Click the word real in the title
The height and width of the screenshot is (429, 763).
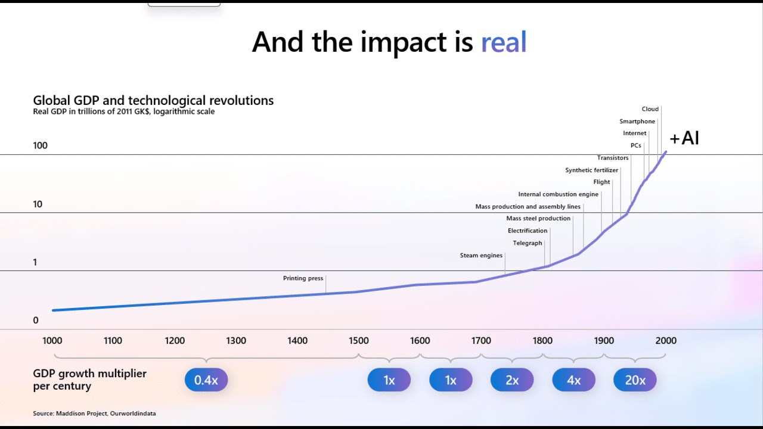(504, 42)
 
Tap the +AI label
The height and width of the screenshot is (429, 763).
(684, 138)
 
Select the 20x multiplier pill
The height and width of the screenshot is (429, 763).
(635, 380)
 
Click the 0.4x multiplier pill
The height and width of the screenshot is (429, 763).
(206, 380)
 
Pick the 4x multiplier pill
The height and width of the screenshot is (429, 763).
(573, 380)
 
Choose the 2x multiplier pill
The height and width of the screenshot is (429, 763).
(512, 380)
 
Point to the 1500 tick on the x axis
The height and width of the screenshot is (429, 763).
(358, 341)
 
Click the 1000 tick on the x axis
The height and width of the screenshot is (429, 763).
(52, 341)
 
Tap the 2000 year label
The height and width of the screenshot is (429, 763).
(666, 341)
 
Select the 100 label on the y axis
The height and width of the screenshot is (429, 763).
(40, 146)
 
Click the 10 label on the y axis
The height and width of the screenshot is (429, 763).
(38, 204)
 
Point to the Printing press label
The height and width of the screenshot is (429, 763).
(303, 278)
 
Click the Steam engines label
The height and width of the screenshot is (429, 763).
(481, 256)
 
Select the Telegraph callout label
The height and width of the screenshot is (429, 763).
(528, 243)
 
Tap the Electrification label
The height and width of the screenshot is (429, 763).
(528, 231)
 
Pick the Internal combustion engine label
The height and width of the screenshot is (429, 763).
(558, 194)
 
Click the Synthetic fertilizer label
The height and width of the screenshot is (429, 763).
(592, 170)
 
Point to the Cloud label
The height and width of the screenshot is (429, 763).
(650, 109)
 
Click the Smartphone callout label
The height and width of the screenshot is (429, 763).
(637, 122)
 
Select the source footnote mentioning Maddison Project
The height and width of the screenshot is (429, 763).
(94, 414)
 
